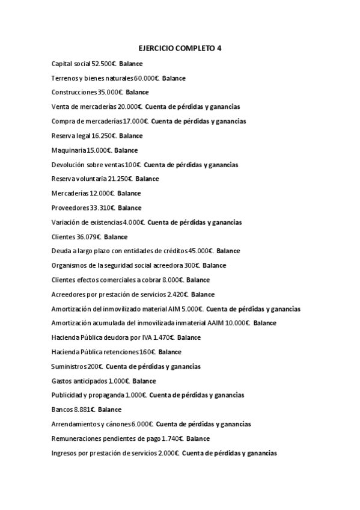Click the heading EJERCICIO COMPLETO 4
180,48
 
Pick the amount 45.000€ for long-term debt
201,251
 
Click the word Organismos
69,266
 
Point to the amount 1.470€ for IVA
163,338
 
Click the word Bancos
62,410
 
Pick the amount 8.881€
85,410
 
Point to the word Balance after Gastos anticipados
144,381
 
